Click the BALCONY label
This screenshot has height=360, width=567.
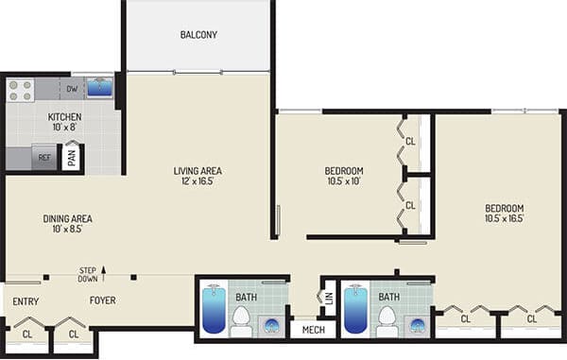[x=198, y=36]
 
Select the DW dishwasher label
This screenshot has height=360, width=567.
[x=72, y=90]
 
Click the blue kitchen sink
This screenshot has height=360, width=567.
[x=100, y=89]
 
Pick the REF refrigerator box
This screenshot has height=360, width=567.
[x=43, y=157]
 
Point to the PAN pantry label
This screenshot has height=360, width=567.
[x=73, y=157]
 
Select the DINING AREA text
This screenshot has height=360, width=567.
[x=67, y=218]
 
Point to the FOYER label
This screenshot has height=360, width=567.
[x=103, y=301]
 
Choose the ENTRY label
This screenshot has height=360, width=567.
[x=26, y=301]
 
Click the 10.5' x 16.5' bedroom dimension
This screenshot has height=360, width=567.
[x=504, y=218]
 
